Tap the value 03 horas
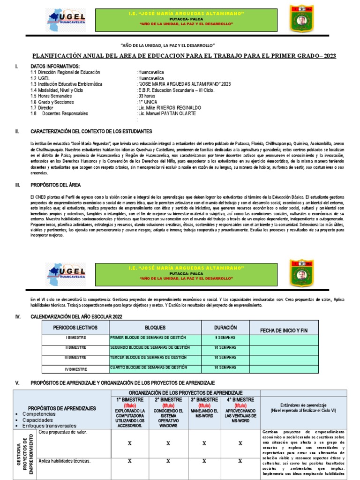click(147, 96)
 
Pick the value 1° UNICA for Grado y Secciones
click(148, 102)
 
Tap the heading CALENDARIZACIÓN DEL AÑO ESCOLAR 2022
click(77, 317)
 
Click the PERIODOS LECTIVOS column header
click(75, 328)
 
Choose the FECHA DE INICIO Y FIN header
click(284, 330)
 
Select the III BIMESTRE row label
click(75, 358)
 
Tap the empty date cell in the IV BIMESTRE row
click(284, 368)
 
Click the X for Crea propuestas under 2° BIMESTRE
click(168, 442)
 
